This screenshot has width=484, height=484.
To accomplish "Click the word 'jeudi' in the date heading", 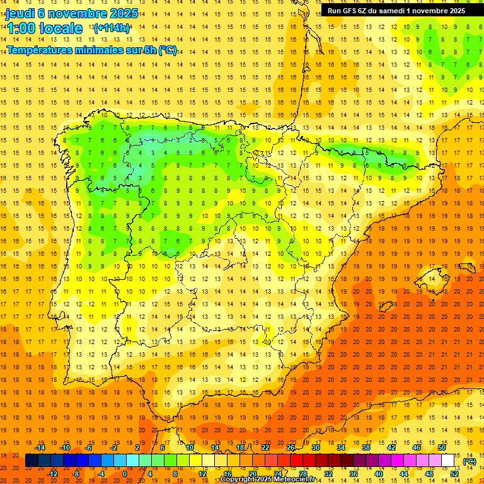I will tap(20, 13).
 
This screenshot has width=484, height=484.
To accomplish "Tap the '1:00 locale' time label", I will tap(44, 28).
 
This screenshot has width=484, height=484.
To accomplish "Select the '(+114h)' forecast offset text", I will tap(112, 28).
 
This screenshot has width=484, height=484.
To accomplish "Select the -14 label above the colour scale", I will tap(40, 447).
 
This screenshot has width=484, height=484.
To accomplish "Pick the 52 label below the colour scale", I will tap(454, 474).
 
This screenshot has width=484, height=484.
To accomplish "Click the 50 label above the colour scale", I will tap(442, 447).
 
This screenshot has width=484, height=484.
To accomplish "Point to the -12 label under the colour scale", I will tap(52, 474).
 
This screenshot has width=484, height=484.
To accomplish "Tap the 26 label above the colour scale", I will tap(291, 447).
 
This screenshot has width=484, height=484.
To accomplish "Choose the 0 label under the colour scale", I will tap(124, 474).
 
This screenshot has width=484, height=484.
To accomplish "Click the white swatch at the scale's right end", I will tap(448, 461).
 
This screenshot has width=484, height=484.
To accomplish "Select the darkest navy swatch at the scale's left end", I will tap(32, 461).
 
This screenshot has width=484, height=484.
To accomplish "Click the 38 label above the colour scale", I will tap(366, 447).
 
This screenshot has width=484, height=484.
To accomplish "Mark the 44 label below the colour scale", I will tap(404, 474).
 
